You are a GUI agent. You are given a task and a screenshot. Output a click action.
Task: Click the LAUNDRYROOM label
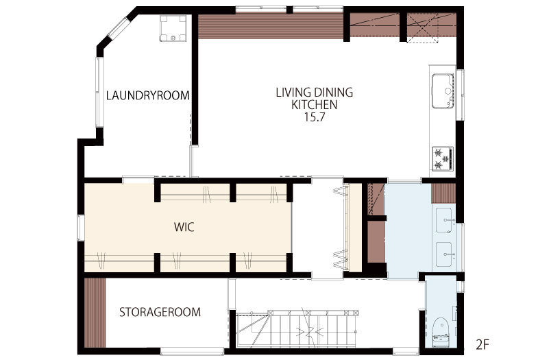(148, 95)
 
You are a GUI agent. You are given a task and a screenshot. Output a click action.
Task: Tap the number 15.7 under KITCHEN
(315, 117)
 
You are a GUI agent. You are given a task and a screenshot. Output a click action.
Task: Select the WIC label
(184, 227)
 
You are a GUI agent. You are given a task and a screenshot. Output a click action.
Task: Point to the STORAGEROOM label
(160, 312)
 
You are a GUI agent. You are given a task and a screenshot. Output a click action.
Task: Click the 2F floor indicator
(482, 344)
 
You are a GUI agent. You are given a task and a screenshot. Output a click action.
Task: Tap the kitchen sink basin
(443, 91)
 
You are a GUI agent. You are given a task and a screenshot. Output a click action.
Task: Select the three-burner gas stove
(443, 158)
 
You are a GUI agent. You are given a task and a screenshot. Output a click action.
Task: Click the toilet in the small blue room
(440, 332)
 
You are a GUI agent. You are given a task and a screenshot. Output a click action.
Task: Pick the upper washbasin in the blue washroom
(444, 220)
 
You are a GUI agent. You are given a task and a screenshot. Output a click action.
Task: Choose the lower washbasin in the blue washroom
(444, 254)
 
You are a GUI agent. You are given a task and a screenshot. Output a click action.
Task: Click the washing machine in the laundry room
(173, 29)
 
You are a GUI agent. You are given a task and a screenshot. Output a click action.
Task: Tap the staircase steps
(297, 328)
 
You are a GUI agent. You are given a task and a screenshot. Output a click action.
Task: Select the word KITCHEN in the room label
(315, 105)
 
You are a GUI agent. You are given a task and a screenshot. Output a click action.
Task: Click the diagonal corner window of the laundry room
(119, 27)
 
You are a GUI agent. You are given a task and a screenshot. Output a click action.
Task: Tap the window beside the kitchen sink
(460, 95)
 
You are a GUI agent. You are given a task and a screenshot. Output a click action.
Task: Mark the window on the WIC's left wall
(81, 228)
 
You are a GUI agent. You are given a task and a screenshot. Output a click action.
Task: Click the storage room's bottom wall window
(192, 350)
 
